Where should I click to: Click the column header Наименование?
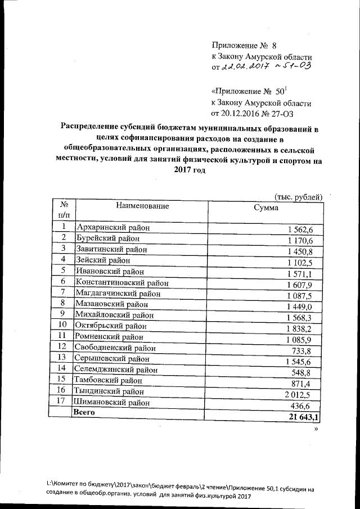coord(142,206)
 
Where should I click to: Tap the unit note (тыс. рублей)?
coord(298,196)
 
